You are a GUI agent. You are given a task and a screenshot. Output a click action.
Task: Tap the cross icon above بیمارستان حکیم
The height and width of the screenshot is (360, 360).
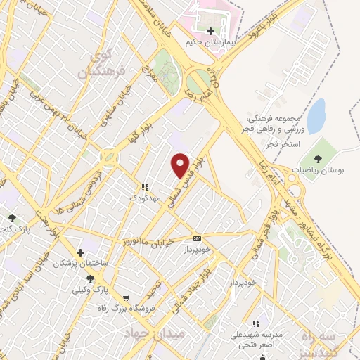point(211,32)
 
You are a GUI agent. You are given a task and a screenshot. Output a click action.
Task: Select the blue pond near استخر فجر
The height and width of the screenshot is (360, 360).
point(316,116)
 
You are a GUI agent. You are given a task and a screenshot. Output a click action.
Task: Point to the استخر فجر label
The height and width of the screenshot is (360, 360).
point(278,144)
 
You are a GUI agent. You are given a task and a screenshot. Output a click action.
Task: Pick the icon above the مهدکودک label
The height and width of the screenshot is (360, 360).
point(143,188)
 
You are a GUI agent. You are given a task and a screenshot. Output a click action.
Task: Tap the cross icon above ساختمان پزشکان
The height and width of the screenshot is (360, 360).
point(82,252)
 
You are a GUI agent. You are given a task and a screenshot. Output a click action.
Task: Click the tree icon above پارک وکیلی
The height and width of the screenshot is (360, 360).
point(90,278)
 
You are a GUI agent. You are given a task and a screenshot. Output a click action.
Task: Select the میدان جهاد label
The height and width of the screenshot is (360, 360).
point(155,333)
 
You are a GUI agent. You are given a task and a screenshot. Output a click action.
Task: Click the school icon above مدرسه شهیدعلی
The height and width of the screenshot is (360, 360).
point(256,323)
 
